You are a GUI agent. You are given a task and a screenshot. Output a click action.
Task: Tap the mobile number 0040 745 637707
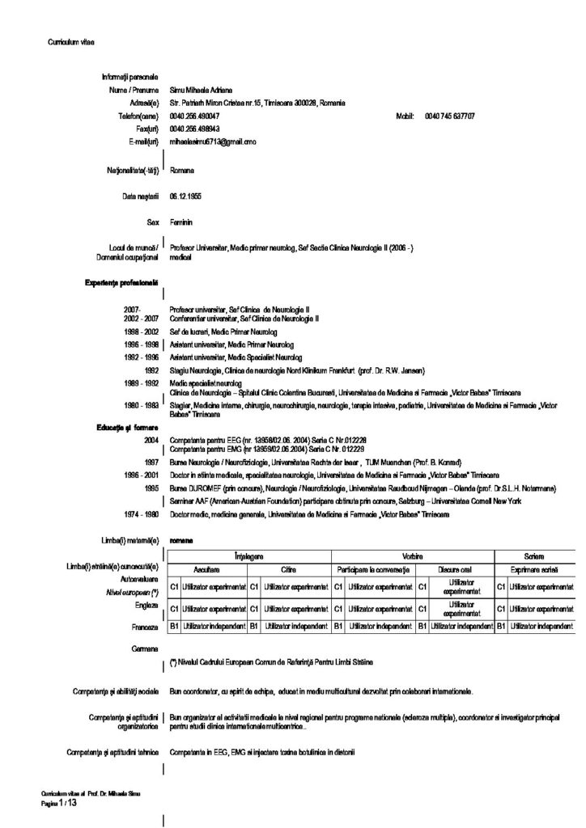coord(449,116)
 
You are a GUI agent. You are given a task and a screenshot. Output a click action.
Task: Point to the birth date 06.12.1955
coord(186,196)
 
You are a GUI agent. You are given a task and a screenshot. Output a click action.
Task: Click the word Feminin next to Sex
coord(182,221)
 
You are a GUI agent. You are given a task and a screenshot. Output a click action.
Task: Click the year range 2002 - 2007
coord(140,319)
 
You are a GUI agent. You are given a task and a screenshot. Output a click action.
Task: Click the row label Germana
coord(144,648)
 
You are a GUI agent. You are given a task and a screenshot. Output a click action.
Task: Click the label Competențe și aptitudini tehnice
coord(114,753)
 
